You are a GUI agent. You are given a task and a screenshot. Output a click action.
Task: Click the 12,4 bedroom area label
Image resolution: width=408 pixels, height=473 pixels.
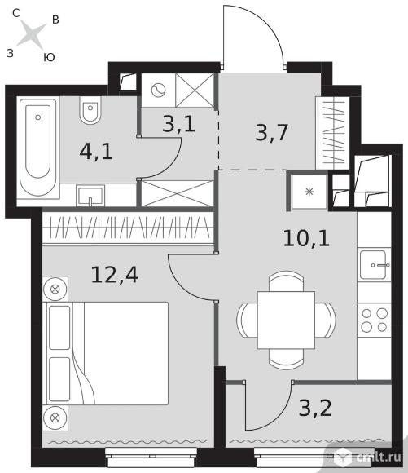click(x=115, y=275)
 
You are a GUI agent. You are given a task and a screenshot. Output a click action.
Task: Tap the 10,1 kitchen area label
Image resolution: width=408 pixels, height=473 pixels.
click(x=306, y=238)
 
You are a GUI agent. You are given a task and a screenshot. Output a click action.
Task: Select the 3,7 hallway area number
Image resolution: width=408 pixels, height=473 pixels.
click(x=271, y=132)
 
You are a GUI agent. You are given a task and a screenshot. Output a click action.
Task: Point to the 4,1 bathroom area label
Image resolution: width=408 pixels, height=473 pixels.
click(x=96, y=151)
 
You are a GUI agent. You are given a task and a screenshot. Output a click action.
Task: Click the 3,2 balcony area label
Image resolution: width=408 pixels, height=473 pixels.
click(x=315, y=408)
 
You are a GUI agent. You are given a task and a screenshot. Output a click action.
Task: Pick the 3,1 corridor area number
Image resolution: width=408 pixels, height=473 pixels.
click(x=178, y=123)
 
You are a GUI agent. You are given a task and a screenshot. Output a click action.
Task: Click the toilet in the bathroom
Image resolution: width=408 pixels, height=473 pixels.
click(x=90, y=110)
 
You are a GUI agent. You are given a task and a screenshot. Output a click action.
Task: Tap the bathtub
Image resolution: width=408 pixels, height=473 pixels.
click(x=38, y=148)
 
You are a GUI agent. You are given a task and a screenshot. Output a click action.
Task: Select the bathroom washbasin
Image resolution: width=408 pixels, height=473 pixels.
click(x=90, y=196)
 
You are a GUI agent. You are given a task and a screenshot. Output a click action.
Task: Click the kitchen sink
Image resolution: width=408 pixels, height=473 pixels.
click(x=374, y=264)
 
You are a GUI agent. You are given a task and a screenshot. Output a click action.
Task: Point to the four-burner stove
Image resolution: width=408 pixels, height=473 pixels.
click(x=375, y=320)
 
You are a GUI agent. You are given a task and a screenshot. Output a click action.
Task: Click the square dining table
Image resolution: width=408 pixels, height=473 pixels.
click(x=287, y=320)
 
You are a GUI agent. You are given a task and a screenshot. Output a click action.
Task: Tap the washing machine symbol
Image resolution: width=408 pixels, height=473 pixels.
click(x=159, y=90)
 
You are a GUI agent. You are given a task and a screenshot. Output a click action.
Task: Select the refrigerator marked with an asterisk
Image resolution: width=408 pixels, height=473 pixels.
click(x=309, y=192)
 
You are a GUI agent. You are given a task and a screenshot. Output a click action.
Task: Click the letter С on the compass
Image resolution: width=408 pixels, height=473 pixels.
click(x=16, y=13)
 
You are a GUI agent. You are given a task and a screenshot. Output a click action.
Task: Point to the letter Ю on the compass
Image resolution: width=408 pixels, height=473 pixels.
click(x=49, y=57)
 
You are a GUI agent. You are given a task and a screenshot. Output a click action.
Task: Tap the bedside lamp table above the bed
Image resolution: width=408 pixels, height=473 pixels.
click(x=55, y=289)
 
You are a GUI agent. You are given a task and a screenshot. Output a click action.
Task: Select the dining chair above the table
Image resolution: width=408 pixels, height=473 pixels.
click(x=286, y=281)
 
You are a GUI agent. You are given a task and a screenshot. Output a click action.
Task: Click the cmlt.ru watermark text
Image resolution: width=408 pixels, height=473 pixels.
click(x=379, y=457)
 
